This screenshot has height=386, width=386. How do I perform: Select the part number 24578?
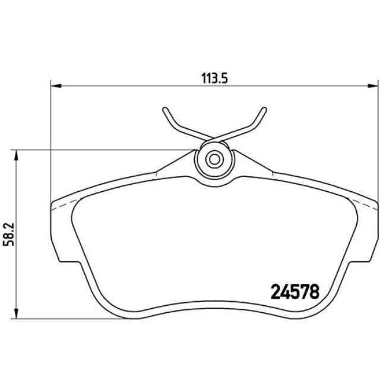[295, 292]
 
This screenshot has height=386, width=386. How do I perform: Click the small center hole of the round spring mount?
[214, 159]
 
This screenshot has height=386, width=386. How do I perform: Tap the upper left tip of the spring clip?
[163, 110]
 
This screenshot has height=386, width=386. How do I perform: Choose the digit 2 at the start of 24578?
[276, 292]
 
